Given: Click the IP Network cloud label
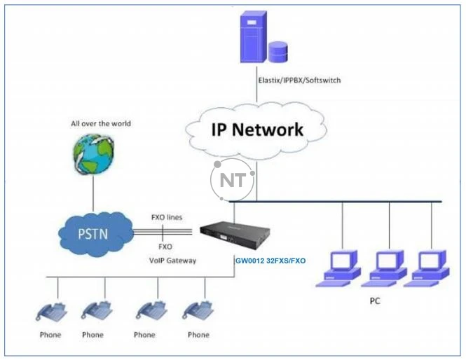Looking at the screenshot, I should pyautogui.click(x=257, y=129).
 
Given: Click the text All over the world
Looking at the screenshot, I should pyautogui.click(x=100, y=124).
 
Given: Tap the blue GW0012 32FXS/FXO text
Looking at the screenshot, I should pyautogui.click(x=270, y=261).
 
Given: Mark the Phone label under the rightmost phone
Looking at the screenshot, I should pyautogui.click(x=198, y=335).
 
